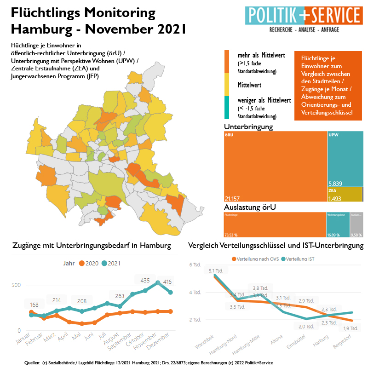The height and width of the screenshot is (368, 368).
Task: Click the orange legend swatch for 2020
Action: pyautogui.click(x=82, y=263)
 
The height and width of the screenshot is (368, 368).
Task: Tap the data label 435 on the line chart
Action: pyautogui.click(x=145, y=280)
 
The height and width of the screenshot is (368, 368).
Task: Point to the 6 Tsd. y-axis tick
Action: pyautogui.click(x=195, y=265)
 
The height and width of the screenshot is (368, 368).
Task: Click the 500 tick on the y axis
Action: pyautogui.click(x=16, y=285)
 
